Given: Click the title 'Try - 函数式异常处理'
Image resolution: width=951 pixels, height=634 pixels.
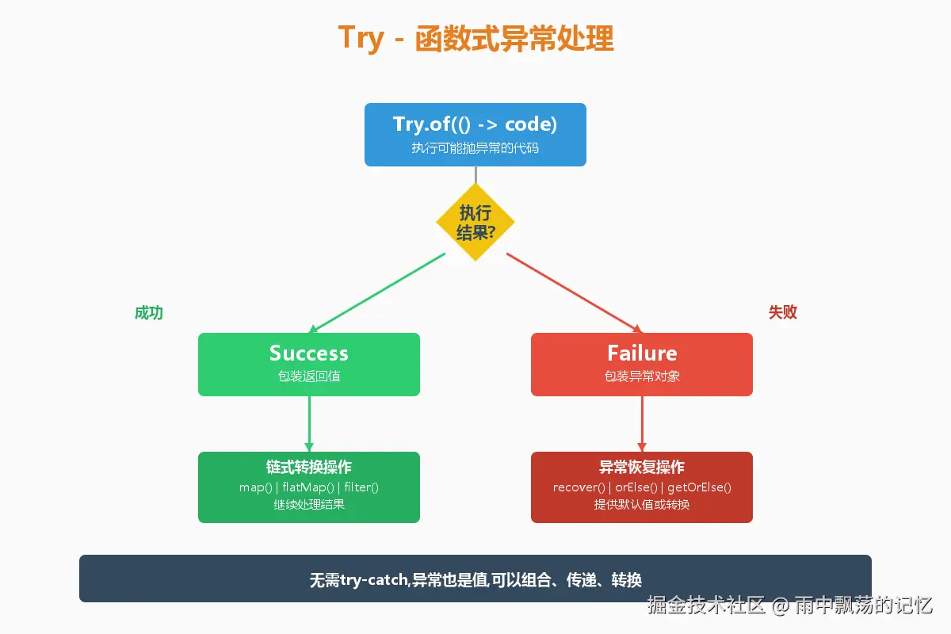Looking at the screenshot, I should click(x=475, y=38).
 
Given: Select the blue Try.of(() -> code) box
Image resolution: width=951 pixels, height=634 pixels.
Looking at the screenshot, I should click(x=475, y=134).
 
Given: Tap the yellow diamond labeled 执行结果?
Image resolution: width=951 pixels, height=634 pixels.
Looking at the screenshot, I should click(x=475, y=222).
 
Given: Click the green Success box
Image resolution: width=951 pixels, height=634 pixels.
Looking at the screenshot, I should click(x=309, y=364).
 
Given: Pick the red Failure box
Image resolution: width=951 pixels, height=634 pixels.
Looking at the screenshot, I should click(x=642, y=364).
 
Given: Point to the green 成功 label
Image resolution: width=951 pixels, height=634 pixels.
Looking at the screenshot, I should click(x=149, y=312).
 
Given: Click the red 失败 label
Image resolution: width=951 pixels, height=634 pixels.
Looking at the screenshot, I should click(x=783, y=312).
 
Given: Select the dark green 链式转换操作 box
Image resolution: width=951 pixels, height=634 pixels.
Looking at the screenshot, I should click(x=309, y=487).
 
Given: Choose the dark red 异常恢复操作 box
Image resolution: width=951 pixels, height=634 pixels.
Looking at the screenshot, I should click(x=642, y=487).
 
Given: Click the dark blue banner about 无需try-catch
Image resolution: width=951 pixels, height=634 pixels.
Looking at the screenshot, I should click(x=475, y=579).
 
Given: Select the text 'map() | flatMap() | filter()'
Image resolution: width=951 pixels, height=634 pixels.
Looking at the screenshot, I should click(x=309, y=487).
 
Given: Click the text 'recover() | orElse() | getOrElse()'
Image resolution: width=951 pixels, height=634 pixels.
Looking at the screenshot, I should click(x=642, y=487).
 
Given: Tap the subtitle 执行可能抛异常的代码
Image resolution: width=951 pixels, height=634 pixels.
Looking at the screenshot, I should click(x=475, y=148).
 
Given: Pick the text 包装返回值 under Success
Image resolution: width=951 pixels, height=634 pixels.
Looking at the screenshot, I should click(x=309, y=376).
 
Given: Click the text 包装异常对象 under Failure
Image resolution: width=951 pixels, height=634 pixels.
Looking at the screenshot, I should click(x=642, y=376).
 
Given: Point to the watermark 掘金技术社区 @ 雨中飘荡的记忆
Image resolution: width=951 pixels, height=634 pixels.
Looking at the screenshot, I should click(x=789, y=605).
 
